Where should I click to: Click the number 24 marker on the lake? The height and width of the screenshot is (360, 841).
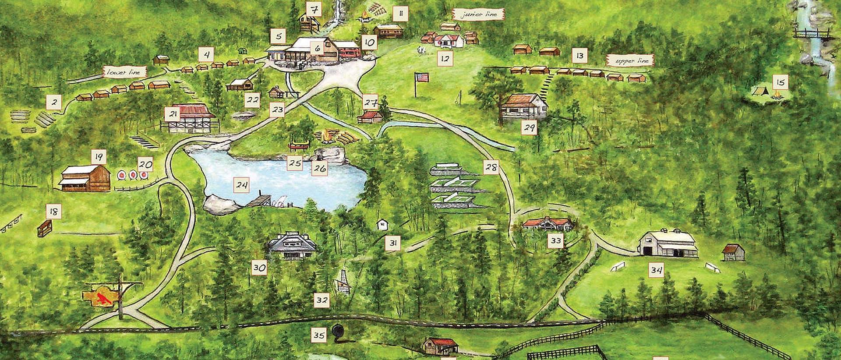(x=241, y=185)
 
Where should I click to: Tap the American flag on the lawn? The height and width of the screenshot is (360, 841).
(x=422, y=78)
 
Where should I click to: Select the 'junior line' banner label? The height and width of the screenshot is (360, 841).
(x=480, y=14)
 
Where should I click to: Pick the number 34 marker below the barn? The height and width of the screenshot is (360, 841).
(x=656, y=270)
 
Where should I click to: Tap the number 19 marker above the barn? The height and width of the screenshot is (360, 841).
(x=99, y=156)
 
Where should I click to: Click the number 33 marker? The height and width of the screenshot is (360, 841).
(x=556, y=241)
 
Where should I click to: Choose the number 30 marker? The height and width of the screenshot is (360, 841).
(x=260, y=268)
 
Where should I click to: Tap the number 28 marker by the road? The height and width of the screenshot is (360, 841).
(x=491, y=167)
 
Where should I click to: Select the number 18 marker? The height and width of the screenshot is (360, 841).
(x=53, y=212)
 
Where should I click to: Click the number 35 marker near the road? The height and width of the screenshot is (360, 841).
(x=319, y=335)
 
